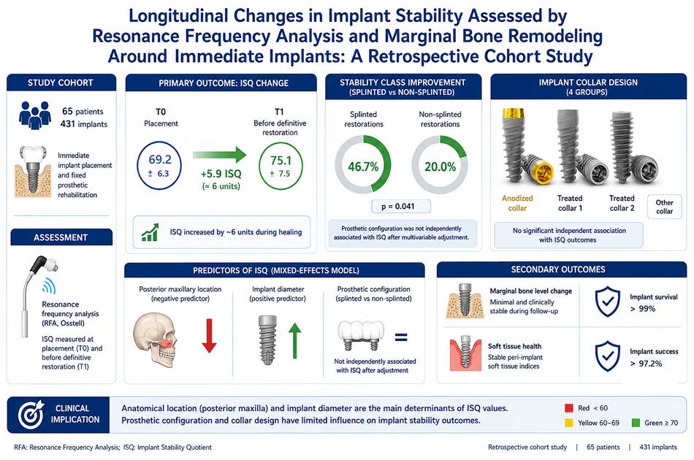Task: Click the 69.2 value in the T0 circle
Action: point(160,159)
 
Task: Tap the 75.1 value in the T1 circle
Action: point(281,160)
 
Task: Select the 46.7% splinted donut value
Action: point(363,166)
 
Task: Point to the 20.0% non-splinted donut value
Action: point(440,166)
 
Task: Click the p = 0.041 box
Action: point(400,206)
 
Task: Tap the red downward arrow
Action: point(209,336)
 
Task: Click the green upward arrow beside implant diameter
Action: point(294,340)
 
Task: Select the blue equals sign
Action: point(401,337)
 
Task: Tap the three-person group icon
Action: point(35,115)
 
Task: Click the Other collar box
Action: point(664,207)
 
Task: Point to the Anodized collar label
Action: point(517,203)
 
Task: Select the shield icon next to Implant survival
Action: point(607,302)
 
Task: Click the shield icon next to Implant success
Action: point(607,356)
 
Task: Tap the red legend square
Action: point(569,408)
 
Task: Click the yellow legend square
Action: point(569,423)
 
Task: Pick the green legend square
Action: point(636,423)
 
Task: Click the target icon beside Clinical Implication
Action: point(31,414)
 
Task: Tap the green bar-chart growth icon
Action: point(150,232)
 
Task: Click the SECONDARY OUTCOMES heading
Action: point(558,269)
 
